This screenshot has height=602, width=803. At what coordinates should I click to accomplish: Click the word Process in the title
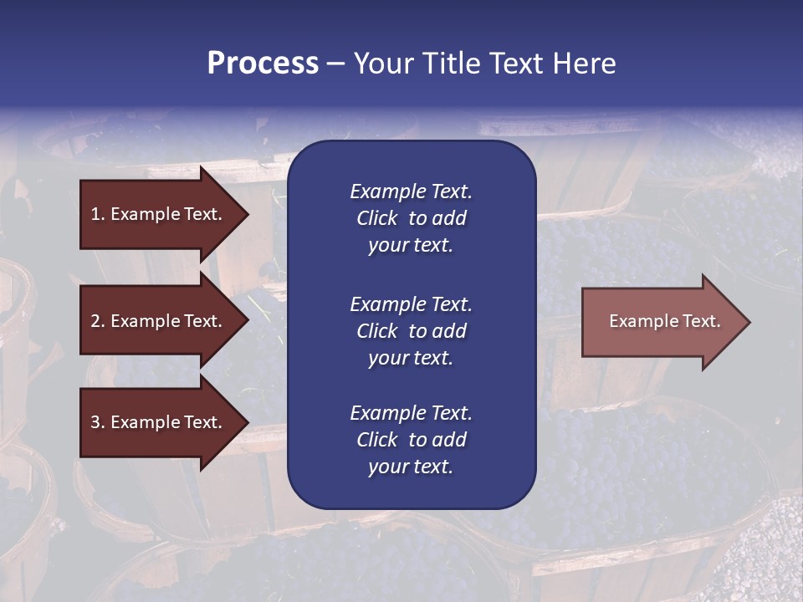click(263, 64)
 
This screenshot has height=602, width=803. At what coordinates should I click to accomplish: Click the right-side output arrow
click(664, 321)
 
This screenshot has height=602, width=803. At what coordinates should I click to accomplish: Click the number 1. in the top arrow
click(98, 214)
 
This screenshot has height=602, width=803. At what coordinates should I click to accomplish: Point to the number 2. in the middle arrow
click(98, 321)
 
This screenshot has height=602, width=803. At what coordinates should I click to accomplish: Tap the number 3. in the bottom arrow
click(98, 422)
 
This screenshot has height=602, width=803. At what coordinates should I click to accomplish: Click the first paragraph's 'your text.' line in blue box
click(411, 246)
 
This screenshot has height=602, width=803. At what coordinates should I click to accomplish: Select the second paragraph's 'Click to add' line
click(411, 331)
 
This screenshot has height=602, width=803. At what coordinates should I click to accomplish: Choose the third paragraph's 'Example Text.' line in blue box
click(411, 413)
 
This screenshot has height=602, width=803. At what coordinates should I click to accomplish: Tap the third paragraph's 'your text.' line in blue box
click(411, 467)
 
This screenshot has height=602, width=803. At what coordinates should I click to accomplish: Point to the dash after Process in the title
click(335, 64)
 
